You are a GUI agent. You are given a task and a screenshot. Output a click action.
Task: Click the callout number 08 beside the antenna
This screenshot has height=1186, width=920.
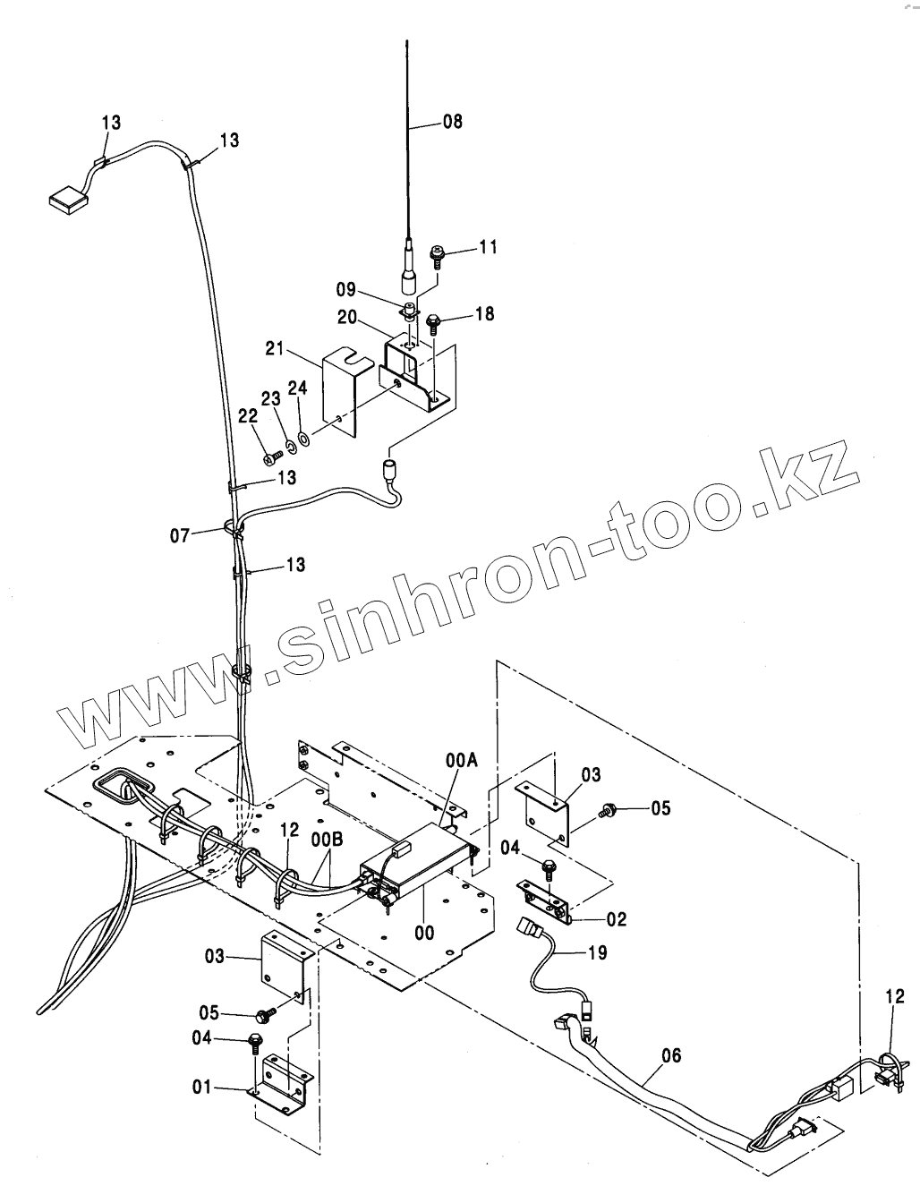point(453,122)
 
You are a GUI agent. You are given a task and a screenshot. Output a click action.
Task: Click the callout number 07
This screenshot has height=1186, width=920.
point(180,536)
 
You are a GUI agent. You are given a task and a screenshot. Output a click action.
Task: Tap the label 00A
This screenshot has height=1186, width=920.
point(462,760)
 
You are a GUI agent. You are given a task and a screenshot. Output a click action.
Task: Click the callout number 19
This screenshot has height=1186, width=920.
point(597,952)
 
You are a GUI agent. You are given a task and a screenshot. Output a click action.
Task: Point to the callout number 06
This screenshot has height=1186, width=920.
point(671,1057)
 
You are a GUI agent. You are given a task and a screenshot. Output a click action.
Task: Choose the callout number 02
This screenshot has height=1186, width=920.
point(616,918)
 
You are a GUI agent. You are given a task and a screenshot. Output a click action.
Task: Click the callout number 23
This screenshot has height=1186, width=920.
point(271,400)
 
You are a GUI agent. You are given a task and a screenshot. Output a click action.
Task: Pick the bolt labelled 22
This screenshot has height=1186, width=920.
point(269,458)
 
